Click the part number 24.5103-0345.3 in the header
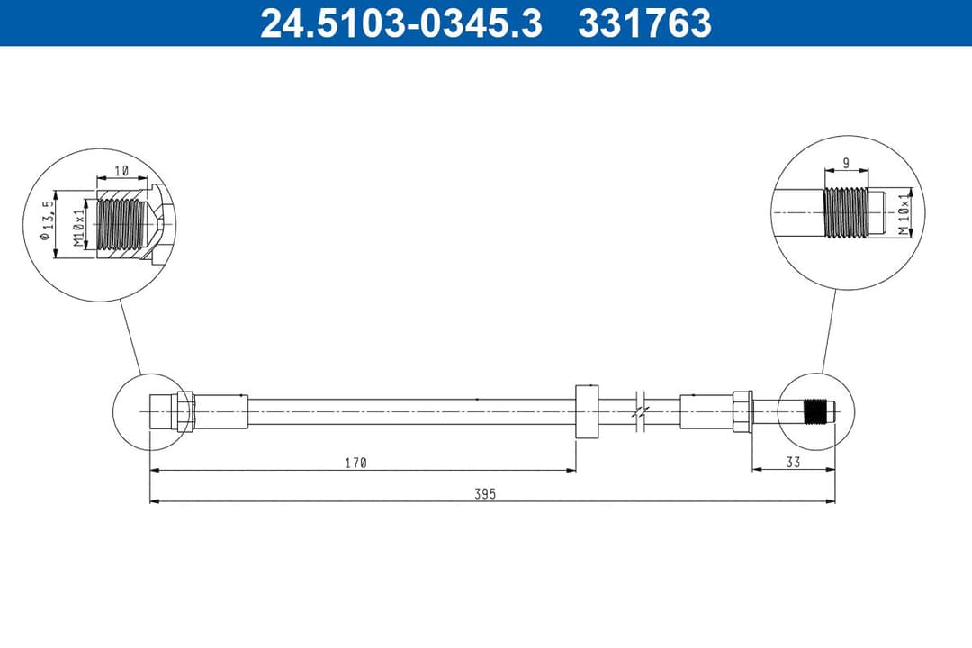400,22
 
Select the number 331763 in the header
644,22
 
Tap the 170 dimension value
355,463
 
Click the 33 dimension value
793,463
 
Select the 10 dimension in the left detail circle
121,170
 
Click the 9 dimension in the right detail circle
846,163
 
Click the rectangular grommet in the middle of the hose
586,410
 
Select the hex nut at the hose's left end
185,410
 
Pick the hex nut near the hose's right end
742,410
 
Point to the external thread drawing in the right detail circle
845,213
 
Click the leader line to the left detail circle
130,337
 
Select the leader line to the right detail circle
828,330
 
